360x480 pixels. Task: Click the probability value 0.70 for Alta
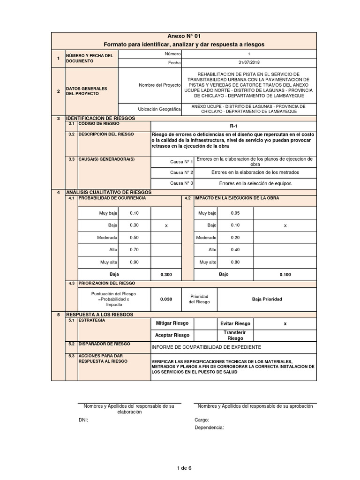pos(134,249)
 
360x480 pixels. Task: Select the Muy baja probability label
pos(108,213)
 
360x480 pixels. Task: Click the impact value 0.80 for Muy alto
pos(235,262)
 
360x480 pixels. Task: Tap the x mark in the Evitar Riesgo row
pos(285,323)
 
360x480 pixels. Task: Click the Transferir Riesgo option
pos(235,335)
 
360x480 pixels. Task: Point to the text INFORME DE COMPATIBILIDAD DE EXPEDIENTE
pos(206,347)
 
